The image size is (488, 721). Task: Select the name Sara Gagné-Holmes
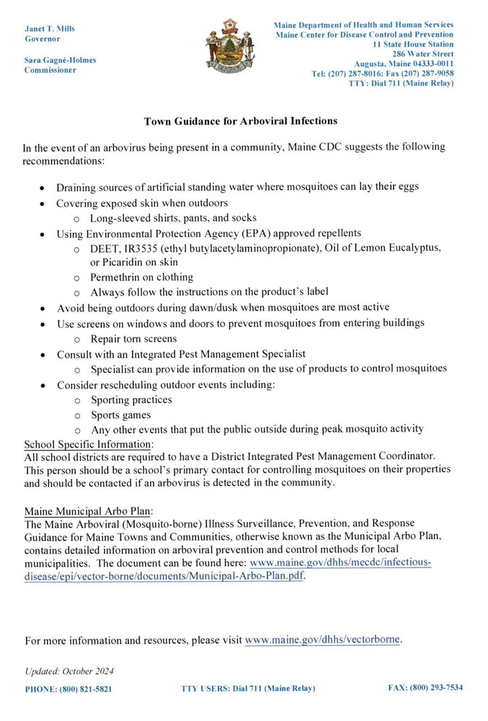coord(60,60)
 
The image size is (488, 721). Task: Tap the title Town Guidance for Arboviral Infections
coord(241,120)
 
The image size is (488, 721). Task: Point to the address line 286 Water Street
coord(422,53)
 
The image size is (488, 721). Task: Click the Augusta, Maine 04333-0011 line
coord(404,63)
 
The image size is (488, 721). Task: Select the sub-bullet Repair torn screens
coord(133,338)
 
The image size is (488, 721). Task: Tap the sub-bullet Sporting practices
coord(131,399)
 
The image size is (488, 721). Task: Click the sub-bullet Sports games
coord(120,415)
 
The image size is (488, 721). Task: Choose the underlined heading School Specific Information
coord(88,443)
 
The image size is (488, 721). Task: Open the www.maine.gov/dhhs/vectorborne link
coord(323,639)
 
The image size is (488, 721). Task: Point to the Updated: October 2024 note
coord(69,671)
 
